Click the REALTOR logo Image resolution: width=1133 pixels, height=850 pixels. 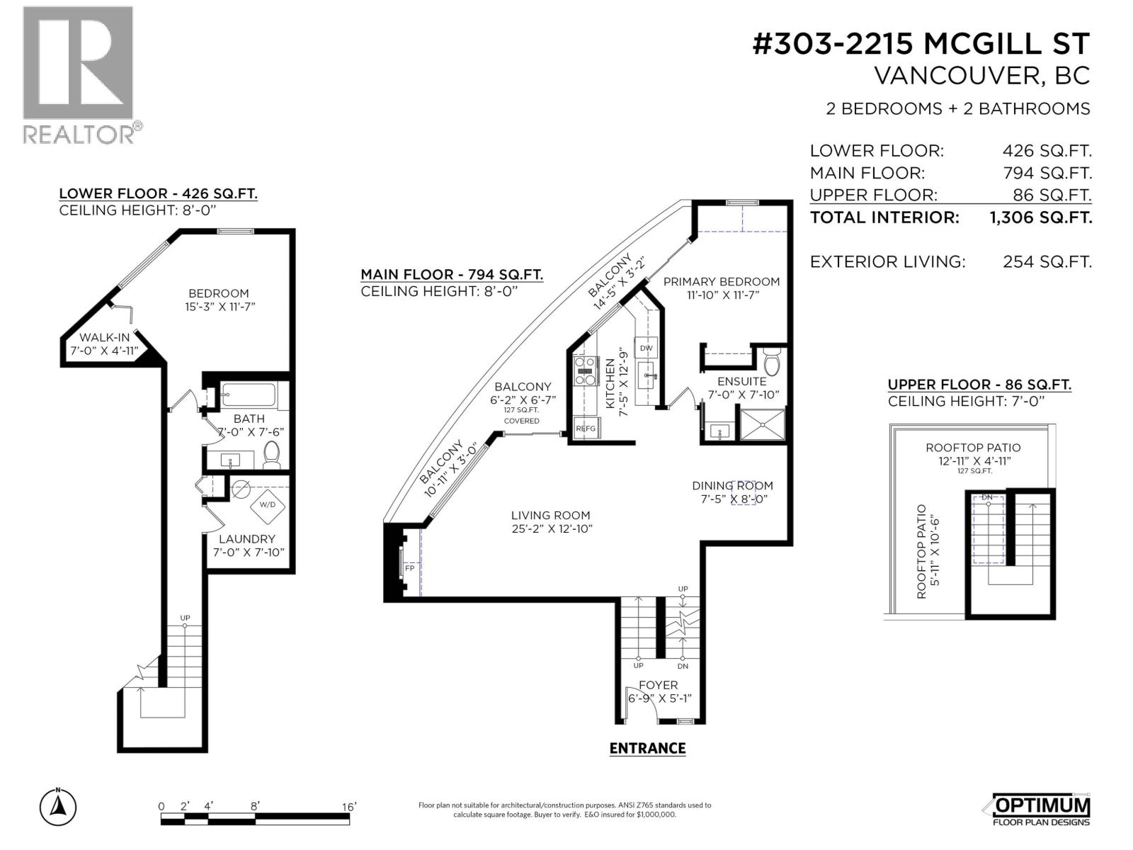(x=78, y=74)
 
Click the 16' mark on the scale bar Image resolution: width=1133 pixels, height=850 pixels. (x=349, y=807)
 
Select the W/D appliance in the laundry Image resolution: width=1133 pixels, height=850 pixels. (x=268, y=505)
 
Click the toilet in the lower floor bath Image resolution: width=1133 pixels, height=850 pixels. (x=271, y=454)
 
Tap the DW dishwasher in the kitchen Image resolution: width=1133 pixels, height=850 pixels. (x=647, y=348)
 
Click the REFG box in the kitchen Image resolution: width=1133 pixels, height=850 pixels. (x=586, y=429)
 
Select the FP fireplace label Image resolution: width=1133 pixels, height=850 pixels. (x=409, y=568)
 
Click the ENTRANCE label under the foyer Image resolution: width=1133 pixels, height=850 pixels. (x=647, y=748)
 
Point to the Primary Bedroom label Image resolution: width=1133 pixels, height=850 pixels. (x=721, y=281)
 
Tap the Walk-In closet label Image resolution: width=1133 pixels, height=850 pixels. (x=105, y=337)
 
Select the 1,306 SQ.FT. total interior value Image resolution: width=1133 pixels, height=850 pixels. (x=1040, y=217)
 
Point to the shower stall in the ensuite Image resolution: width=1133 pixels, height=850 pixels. (x=762, y=424)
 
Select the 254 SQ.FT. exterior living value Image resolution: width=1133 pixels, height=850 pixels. (x=1047, y=262)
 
